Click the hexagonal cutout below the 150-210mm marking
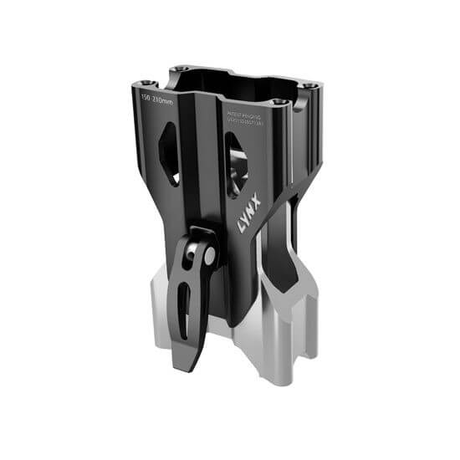pyautogui.click(x=170, y=153)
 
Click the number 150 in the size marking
pyautogui.click(x=147, y=99)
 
